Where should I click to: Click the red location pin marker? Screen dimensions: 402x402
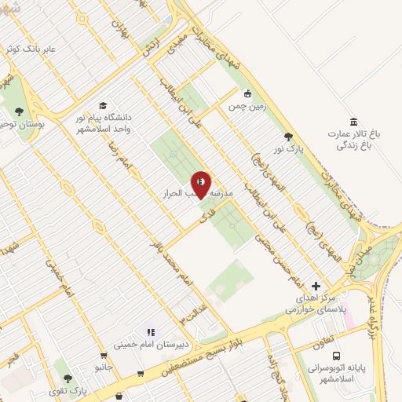point(201,184)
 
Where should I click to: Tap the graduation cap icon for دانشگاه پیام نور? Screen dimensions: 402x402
point(103,105)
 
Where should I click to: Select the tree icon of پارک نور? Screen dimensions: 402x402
point(290,137)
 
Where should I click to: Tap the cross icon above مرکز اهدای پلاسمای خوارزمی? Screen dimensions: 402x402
point(316,286)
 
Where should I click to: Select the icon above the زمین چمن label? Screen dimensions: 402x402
point(247,93)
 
